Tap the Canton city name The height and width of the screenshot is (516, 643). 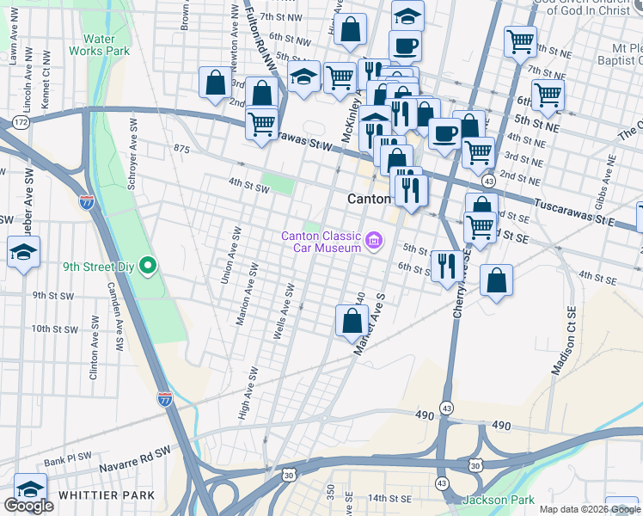369,199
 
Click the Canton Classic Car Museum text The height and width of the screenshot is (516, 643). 321,243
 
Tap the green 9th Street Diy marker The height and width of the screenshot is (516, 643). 147,267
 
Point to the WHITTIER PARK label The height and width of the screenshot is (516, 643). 107,495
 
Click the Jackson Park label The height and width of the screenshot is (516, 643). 498,500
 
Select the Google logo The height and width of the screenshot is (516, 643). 28,506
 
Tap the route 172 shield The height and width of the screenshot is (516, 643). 21,124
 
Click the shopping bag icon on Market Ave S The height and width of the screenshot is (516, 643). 352,322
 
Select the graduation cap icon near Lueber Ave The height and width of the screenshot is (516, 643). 23,252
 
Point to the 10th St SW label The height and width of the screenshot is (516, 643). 54,329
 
